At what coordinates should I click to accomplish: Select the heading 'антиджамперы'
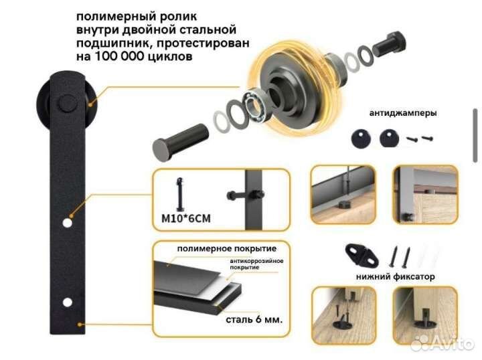(x=402, y=113)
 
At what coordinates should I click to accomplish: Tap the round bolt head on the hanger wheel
(x=67, y=104)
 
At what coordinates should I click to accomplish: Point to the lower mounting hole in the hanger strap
(x=67, y=302)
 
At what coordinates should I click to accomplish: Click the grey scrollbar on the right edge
(x=475, y=137)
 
